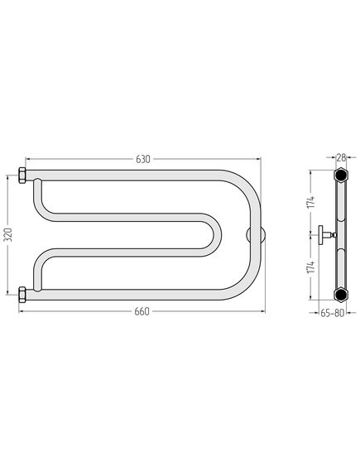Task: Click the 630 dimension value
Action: pyautogui.click(x=143, y=159)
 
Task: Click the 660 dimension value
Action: pyautogui.click(x=142, y=311)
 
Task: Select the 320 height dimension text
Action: pyautogui.click(x=8, y=234)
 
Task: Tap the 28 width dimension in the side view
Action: pyautogui.click(x=342, y=157)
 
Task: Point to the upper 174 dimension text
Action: pyautogui.click(x=311, y=202)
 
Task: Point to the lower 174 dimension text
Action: pyautogui.click(x=311, y=267)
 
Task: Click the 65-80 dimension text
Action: pyautogui.click(x=332, y=313)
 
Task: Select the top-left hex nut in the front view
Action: pyautogui.click(x=22, y=175)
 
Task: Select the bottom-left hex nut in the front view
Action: pyautogui.click(x=22, y=295)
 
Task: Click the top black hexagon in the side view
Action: pyautogui.click(x=341, y=175)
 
